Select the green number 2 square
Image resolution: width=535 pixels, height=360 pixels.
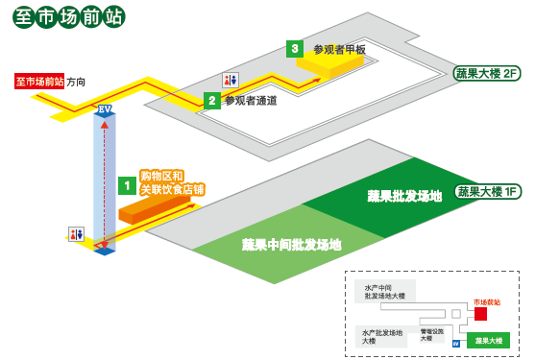click(211, 100)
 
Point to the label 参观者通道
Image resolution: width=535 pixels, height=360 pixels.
click(251, 100)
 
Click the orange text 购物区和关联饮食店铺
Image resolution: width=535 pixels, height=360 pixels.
click(172, 182)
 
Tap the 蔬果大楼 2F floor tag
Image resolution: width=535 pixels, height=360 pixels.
click(487, 73)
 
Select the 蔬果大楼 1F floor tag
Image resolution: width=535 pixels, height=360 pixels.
click(487, 191)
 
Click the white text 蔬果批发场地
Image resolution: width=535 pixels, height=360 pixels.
click(404, 196)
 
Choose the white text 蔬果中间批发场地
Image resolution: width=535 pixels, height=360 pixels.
click(291, 245)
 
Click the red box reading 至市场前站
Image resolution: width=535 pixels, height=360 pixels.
click(39, 82)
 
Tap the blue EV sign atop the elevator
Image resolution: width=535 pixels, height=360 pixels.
click(105, 110)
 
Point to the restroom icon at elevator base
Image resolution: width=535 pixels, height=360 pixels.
click(76, 233)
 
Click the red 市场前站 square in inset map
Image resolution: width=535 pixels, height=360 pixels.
click(480, 314)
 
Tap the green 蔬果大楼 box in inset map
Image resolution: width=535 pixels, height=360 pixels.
click(488, 339)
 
